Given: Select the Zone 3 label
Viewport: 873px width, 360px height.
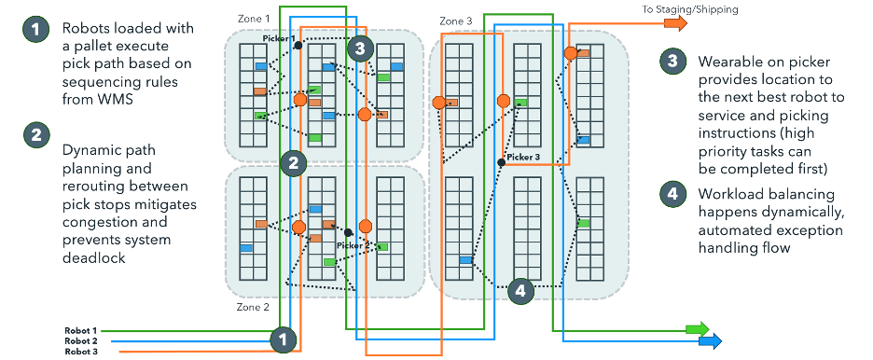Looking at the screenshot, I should pyautogui.click(x=455, y=21).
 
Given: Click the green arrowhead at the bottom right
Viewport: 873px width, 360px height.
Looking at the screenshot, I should pyautogui.click(x=697, y=329).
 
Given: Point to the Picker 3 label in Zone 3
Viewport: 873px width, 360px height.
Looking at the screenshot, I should pyautogui.click(x=523, y=157).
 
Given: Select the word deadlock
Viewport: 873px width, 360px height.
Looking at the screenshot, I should pyautogui.click(x=96, y=257).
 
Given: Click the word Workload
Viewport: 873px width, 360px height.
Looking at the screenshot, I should pyautogui.click(x=732, y=196).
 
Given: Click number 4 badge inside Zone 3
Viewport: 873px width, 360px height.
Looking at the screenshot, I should pyautogui.click(x=521, y=290).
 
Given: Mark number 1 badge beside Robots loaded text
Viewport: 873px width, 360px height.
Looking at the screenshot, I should pyautogui.click(x=35, y=31).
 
